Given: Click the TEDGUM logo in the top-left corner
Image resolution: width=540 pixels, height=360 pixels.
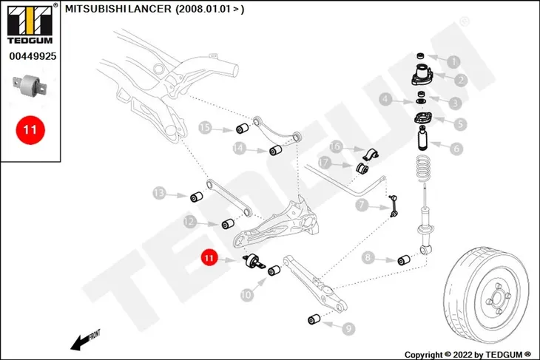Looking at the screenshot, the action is [x=30, y=24].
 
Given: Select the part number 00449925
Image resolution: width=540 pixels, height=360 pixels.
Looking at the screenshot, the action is [x=33, y=56].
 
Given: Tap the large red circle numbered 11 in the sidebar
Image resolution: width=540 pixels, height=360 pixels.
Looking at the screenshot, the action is [x=30, y=130].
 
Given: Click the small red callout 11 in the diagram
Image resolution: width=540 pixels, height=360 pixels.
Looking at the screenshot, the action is [x=209, y=258].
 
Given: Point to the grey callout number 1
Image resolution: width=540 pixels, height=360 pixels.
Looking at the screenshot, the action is [x=453, y=62].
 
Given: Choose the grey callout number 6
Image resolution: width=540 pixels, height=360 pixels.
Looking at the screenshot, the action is [x=456, y=149].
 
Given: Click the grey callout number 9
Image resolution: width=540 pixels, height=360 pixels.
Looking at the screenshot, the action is [x=348, y=329].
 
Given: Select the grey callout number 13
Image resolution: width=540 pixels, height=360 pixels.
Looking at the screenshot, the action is [x=159, y=193].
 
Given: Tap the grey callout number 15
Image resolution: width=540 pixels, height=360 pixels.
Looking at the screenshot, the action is [x=205, y=128].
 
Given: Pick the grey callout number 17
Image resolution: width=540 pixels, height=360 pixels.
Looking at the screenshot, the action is [x=324, y=163].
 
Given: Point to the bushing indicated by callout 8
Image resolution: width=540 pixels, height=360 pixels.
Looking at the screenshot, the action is [x=404, y=260].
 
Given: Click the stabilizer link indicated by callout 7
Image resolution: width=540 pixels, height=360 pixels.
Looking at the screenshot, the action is [x=394, y=206].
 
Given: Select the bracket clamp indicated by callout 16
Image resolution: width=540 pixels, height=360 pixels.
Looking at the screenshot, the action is [x=370, y=154].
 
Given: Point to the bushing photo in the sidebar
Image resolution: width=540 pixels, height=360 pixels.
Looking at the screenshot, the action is [x=29, y=86].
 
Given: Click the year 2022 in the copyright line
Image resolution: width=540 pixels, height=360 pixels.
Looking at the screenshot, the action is [x=463, y=355].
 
